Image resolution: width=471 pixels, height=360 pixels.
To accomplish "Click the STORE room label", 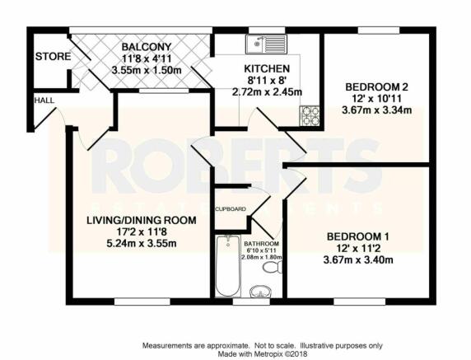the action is [53, 57].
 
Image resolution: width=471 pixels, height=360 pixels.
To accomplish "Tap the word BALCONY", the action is [147, 47].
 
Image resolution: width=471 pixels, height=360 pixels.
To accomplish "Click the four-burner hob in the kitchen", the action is [310, 115].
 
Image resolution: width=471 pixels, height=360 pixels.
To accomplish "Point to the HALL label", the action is [44, 101].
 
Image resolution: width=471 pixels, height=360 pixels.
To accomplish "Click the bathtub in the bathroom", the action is [228, 266].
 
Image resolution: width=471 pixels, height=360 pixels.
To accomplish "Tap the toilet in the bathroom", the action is [273, 267].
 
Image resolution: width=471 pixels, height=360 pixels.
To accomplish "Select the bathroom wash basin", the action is [261, 291].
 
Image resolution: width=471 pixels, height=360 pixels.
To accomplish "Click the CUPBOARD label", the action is [231, 209].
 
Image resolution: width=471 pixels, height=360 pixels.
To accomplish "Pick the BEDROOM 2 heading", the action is [376, 87].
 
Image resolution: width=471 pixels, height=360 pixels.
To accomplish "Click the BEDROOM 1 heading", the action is [357, 236].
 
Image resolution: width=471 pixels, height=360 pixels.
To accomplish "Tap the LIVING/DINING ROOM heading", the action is [142, 220].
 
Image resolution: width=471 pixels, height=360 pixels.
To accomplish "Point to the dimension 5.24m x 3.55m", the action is [142, 243].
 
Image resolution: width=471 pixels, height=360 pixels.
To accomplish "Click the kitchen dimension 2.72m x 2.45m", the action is [267, 91].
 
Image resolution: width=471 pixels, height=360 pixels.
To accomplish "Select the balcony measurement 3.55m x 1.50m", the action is [147, 70].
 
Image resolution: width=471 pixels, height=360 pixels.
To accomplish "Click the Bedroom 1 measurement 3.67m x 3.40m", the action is [358, 259].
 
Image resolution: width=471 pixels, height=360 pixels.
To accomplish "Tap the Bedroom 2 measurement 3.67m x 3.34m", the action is [376, 110].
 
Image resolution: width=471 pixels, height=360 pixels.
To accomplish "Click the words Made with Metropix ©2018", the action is [263, 353].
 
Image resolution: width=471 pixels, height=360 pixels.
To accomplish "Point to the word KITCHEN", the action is [267, 69].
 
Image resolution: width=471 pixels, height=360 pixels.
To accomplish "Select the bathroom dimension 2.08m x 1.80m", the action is [262, 257].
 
